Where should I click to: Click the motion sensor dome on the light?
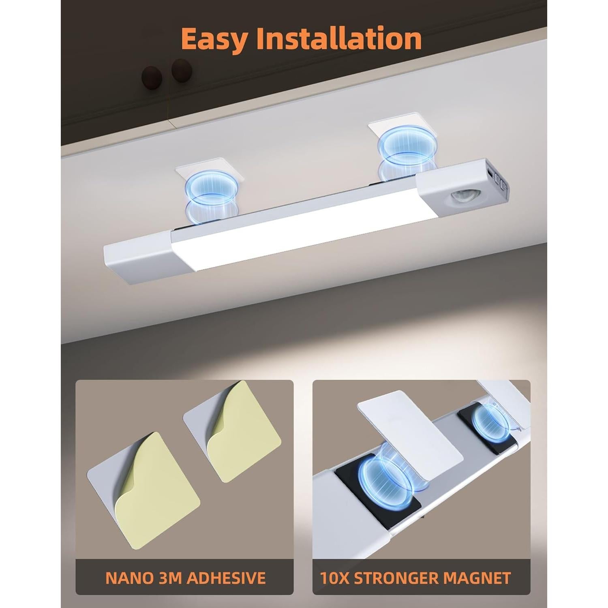click(x=461, y=198)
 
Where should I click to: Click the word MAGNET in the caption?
click(x=480, y=578)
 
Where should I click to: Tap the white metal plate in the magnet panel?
click(x=409, y=430)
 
